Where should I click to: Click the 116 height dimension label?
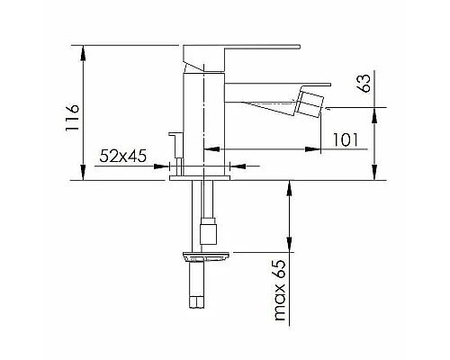(72, 117)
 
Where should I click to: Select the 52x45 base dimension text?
(123, 156)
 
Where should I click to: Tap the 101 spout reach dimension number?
(346, 139)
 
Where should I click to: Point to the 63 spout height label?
(364, 83)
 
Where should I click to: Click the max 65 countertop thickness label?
(280, 291)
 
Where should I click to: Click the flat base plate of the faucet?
(200, 178)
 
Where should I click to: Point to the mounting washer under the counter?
(206, 257)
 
